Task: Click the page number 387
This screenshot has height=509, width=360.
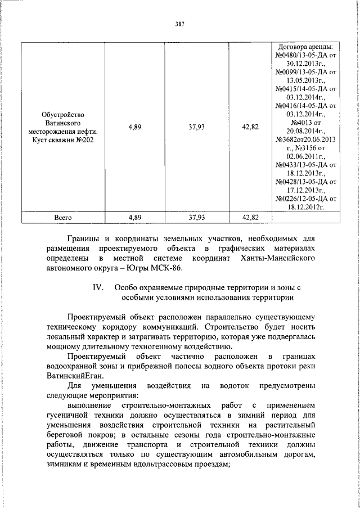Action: point(180,24)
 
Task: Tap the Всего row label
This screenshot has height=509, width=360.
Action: point(63,215)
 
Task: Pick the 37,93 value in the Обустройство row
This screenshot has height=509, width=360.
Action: point(196,127)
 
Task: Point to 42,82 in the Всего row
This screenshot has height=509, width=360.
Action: point(250,215)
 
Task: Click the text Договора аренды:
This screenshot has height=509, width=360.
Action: point(305,46)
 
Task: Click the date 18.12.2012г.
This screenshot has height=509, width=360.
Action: point(305,207)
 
